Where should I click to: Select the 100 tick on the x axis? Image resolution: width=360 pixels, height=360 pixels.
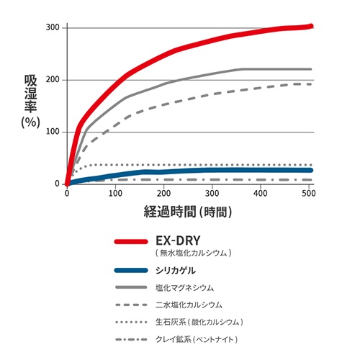click(115, 193)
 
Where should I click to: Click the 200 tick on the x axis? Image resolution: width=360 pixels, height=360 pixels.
click(164, 193)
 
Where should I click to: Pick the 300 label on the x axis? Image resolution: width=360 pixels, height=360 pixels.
click(213, 193)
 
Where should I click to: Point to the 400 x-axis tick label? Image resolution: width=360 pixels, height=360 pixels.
click(261, 193)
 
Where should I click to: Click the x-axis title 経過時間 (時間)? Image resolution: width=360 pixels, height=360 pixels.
click(188, 212)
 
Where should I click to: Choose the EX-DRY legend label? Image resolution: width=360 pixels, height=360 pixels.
click(177, 242)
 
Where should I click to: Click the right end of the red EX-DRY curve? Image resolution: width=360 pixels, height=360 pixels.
click(310, 27)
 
